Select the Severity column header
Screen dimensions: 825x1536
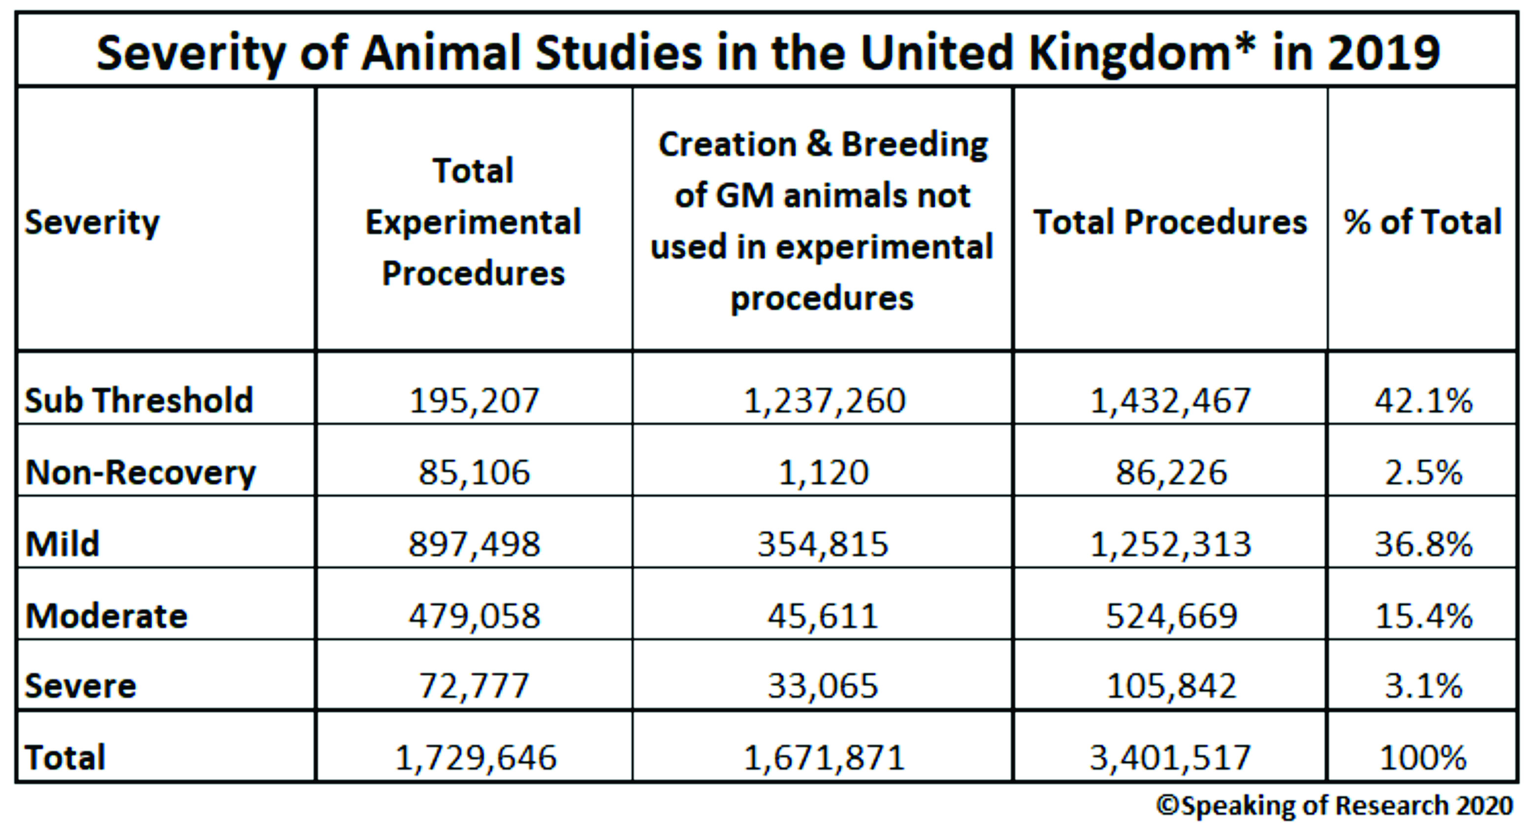click(x=93, y=222)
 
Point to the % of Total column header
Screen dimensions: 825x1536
click(x=1422, y=222)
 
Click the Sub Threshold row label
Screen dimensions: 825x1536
click(x=139, y=400)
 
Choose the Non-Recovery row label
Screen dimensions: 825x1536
click(x=141, y=472)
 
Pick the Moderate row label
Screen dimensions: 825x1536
click(x=107, y=615)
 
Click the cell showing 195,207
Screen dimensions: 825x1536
click(x=474, y=401)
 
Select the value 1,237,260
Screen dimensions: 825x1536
click(x=824, y=401)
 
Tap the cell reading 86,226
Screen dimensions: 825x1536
click(x=1171, y=473)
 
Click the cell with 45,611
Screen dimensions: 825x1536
click(x=823, y=616)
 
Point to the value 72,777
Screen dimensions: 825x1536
click(x=474, y=686)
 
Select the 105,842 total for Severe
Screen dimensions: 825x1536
click(x=1171, y=686)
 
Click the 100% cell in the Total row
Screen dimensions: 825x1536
click(x=1423, y=758)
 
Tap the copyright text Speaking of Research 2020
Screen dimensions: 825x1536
click(x=1335, y=805)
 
